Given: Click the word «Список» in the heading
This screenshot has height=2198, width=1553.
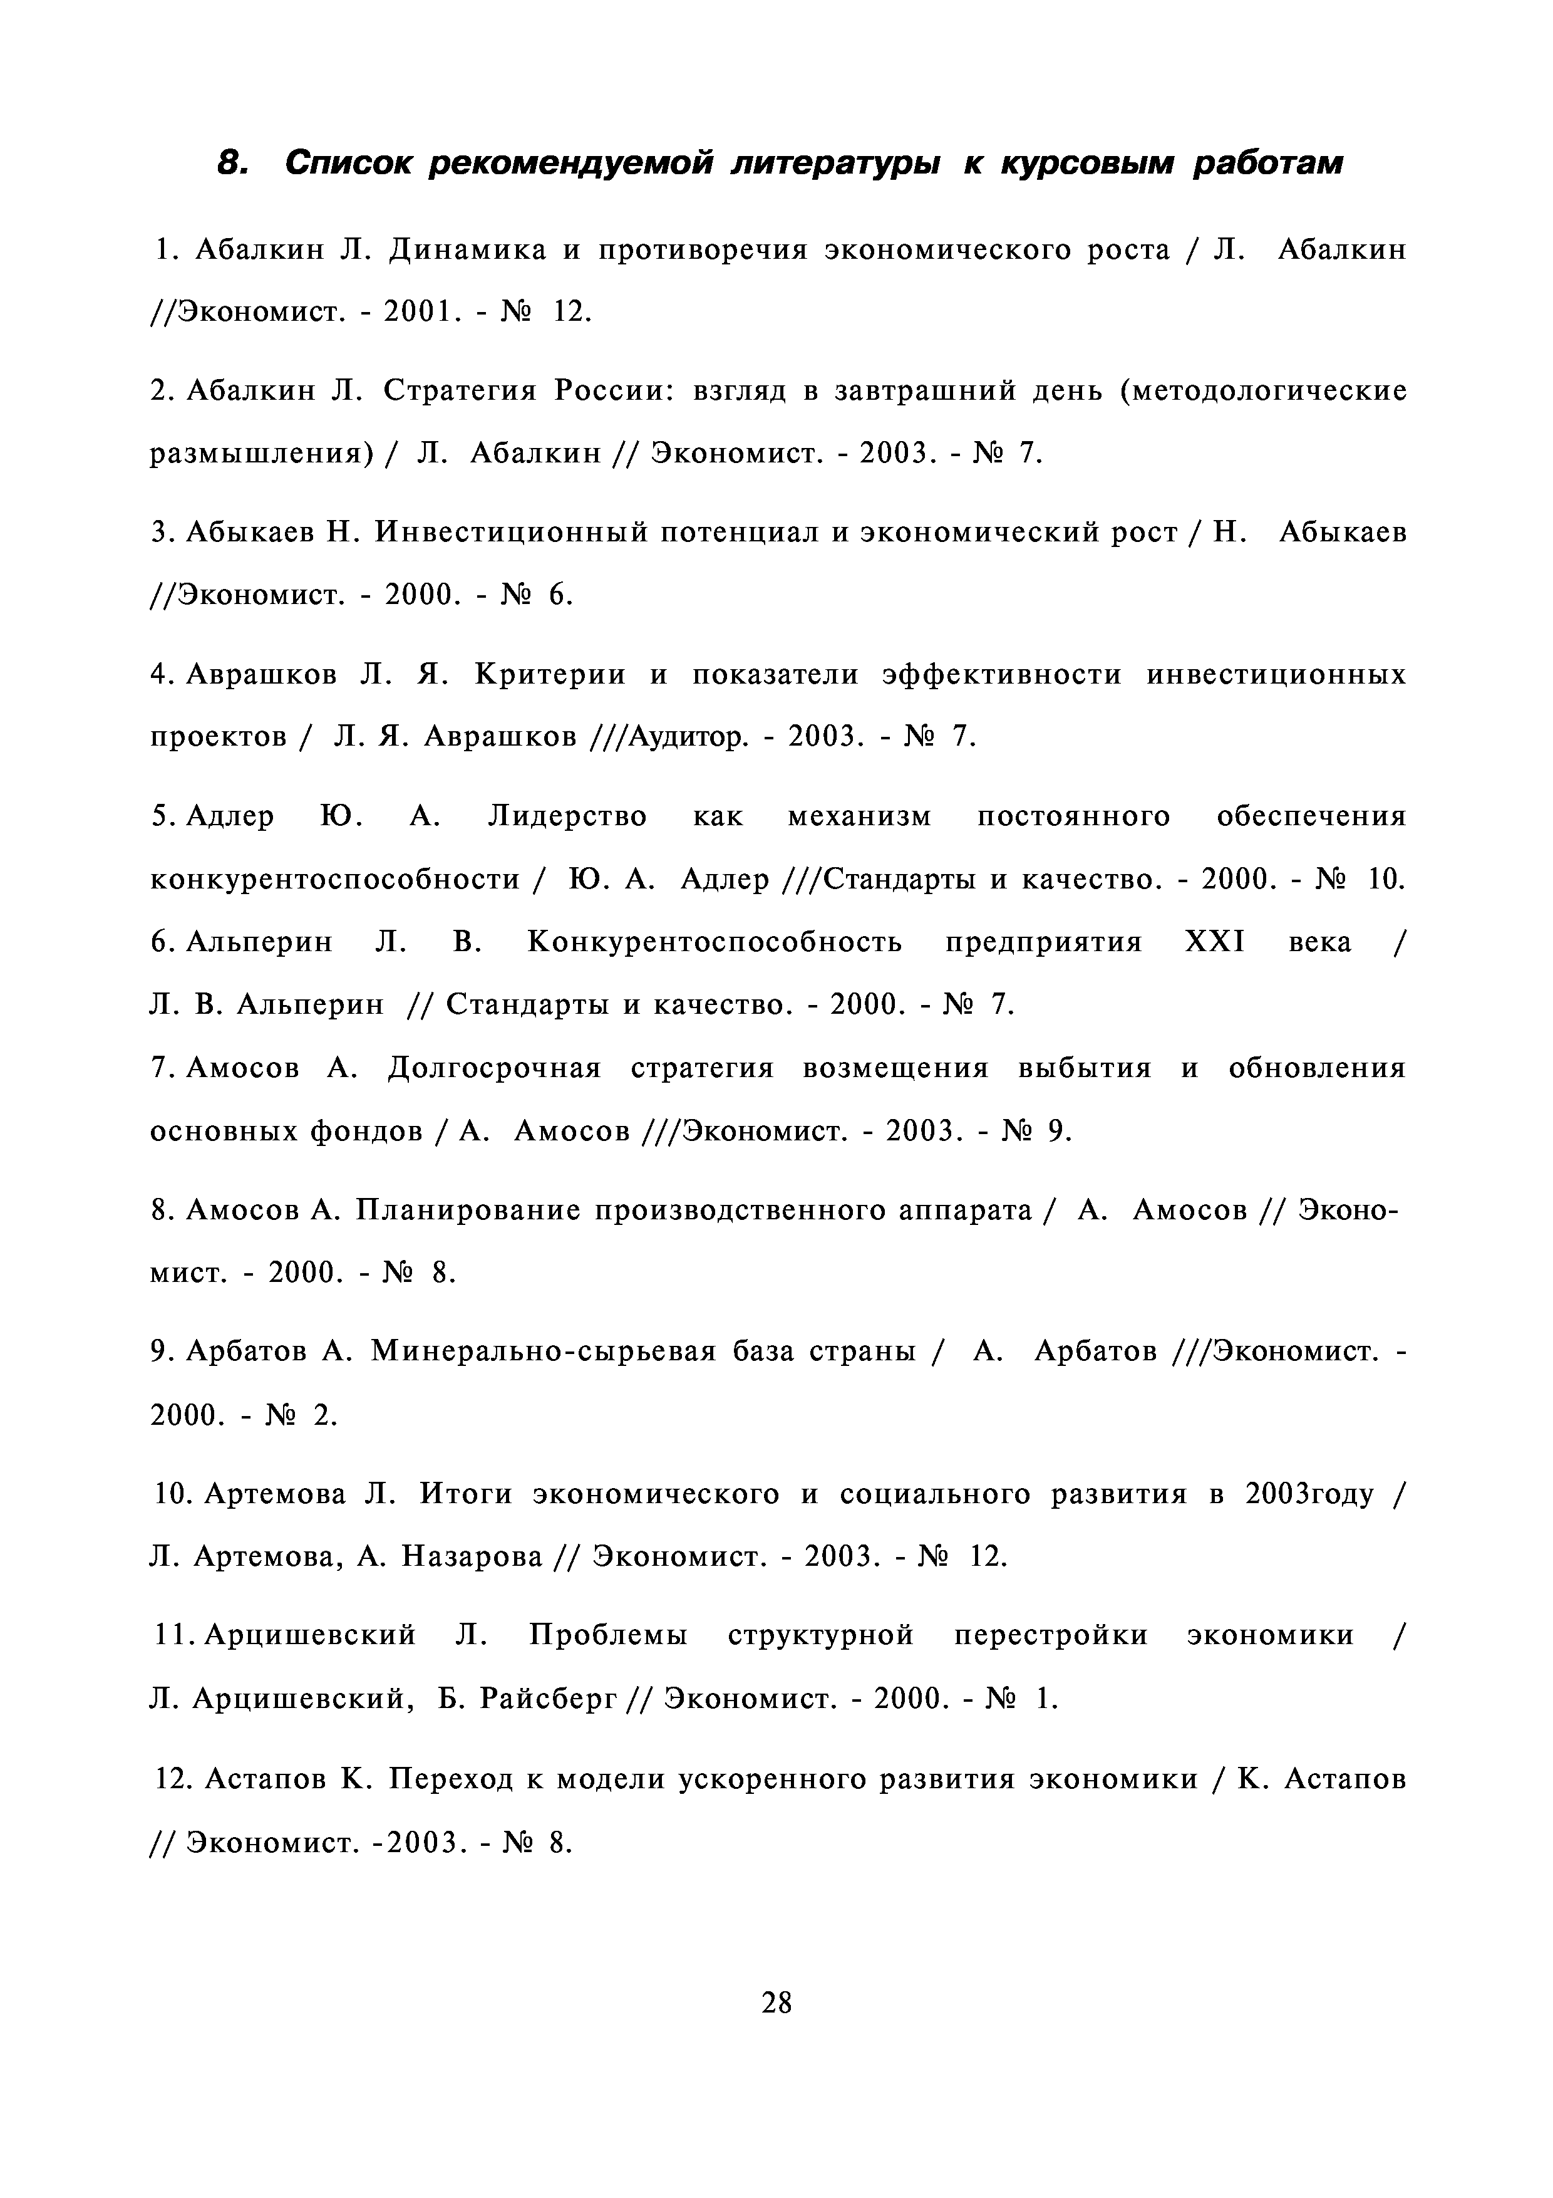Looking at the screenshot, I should (348, 164).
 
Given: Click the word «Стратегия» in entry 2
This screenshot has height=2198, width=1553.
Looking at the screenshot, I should (457, 392).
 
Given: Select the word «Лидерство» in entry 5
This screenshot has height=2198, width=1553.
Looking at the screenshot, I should (567, 816).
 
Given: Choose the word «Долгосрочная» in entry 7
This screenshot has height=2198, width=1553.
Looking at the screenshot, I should (495, 1068).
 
